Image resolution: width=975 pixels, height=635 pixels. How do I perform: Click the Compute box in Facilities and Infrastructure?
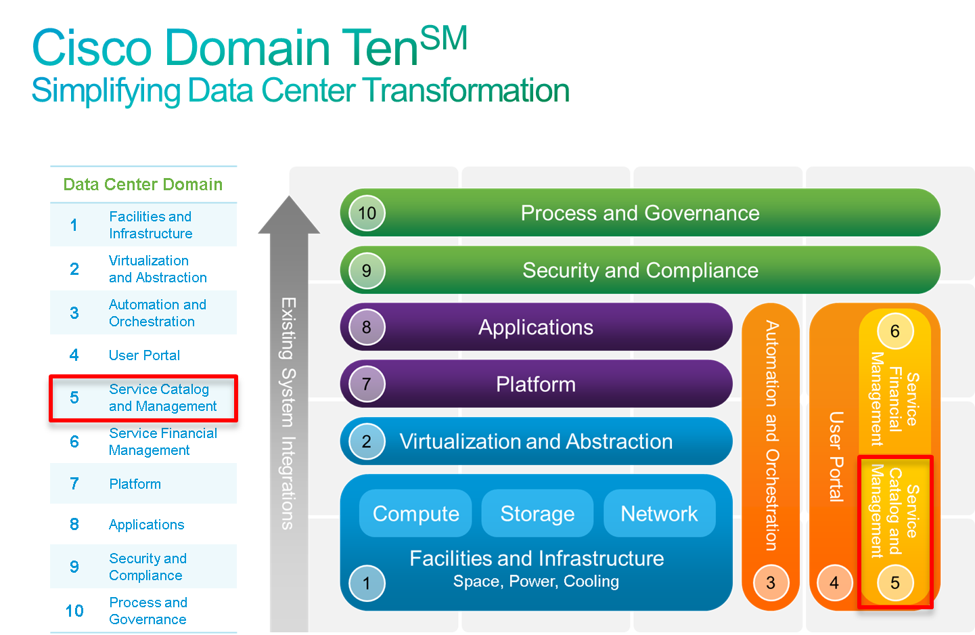415,513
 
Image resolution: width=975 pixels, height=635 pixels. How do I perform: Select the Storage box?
537,513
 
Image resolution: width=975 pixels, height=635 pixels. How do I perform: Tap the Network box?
659,513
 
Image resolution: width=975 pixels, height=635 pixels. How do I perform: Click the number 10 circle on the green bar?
367,213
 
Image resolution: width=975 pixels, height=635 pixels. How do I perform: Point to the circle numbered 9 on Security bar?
367,270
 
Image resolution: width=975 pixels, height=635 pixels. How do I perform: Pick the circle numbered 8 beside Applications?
367,327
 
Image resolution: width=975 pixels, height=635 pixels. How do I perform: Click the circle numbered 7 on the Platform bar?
367,384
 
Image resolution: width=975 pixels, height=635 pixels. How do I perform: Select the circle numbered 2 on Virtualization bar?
367,441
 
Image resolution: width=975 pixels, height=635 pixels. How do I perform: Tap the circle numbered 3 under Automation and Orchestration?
771,582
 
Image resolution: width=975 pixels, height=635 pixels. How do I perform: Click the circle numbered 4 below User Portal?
834,582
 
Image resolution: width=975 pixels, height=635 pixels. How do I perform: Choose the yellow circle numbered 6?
895,331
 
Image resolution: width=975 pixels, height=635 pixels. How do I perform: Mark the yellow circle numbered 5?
895,582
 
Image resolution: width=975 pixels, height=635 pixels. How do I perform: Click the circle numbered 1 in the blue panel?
367,583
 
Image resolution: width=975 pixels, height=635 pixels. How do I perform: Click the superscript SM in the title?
444,38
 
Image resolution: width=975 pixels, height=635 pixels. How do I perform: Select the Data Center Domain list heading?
143,184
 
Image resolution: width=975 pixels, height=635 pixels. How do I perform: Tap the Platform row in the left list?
143,483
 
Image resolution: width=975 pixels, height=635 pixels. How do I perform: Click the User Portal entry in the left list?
144,355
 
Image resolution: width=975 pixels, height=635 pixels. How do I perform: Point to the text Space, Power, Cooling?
536,582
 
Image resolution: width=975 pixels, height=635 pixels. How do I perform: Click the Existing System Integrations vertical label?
288,413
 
